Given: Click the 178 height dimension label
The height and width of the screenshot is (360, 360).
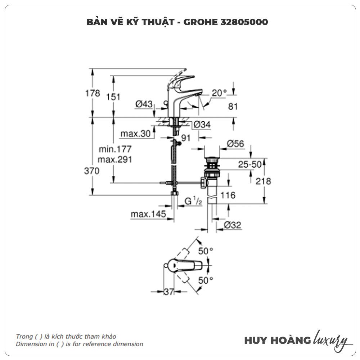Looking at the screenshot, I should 93,93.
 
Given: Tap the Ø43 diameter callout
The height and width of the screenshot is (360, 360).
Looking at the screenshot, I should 144,104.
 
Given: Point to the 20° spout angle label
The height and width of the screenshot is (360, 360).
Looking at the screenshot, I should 219,93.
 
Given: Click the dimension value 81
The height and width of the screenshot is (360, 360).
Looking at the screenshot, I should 233,106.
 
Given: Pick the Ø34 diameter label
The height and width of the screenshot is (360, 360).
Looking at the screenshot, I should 202,125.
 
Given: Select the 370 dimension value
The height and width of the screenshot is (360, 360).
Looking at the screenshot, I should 92,171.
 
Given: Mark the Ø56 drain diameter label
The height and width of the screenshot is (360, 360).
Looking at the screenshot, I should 235,144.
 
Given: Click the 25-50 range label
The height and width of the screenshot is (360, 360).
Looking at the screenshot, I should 249,165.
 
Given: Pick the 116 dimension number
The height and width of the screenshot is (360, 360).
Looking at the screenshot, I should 228,195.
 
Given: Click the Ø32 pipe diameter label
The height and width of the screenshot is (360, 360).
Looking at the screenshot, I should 232,225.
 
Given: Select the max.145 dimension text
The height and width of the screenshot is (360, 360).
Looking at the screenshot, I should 148,215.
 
